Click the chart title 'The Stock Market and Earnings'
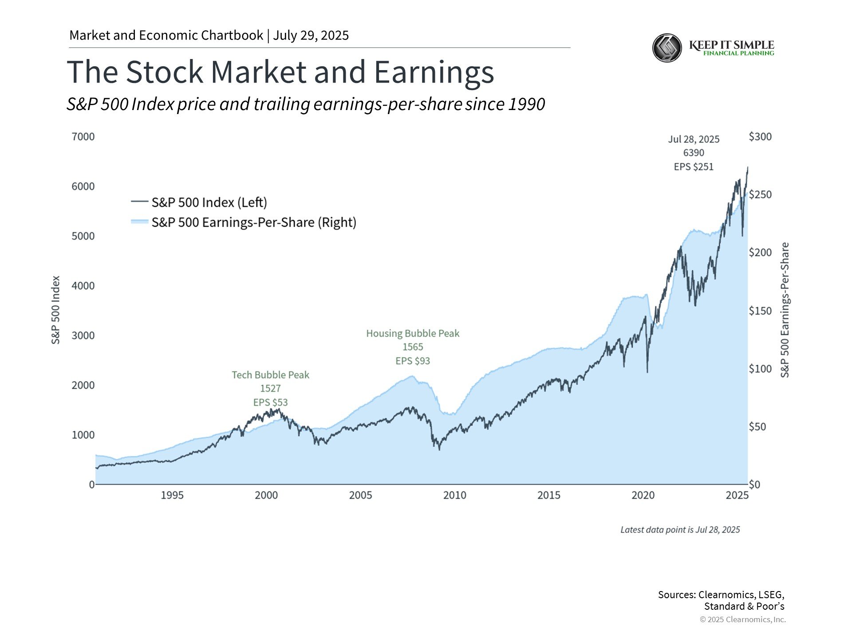(x=280, y=72)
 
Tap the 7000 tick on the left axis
(x=83, y=137)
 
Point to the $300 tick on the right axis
(x=760, y=137)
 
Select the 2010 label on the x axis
(x=455, y=495)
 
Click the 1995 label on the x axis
(x=172, y=495)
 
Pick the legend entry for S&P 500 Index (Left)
(x=199, y=202)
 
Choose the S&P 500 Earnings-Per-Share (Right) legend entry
(x=244, y=222)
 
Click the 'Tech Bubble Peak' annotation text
(x=271, y=375)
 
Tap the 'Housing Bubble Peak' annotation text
(x=413, y=333)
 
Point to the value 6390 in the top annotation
(x=694, y=153)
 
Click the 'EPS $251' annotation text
(x=694, y=167)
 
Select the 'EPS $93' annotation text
(x=413, y=361)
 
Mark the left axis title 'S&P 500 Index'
(x=55, y=310)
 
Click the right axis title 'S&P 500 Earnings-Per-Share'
(x=785, y=310)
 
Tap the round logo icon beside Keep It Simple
(x=667, y=48)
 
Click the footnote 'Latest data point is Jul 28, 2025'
(x=680, y=530)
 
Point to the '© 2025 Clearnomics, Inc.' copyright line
(x=743, y=619)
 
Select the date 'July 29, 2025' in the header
(x=311, y=35)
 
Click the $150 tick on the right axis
(x=760, y=311)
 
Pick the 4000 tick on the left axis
(x=83, y=286)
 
